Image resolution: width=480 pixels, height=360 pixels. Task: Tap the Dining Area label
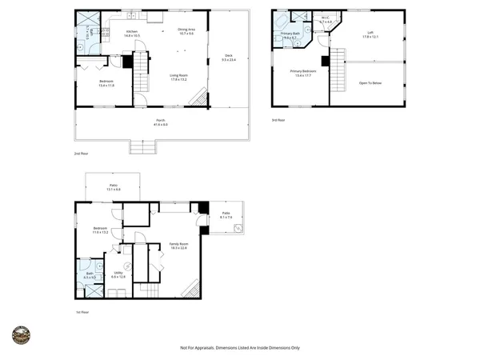[x=186, y=30]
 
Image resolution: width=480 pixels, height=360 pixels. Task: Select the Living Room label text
[x=178, y=78]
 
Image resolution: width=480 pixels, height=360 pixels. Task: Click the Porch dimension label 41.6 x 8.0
[x=160, y=123]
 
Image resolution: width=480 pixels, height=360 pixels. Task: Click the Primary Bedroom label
[x=302, y=72]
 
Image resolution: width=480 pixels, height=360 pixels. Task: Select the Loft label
[x=370, y=34]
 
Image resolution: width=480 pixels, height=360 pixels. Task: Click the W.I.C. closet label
[x=326, y=19]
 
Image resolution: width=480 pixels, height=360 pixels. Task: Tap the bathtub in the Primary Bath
[x=280, y=22]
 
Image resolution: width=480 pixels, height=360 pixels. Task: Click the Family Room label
[x=178, y=246]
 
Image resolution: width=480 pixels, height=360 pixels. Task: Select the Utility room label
[x=118, y=274]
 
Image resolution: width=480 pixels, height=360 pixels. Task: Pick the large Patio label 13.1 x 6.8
[x=114, y=187]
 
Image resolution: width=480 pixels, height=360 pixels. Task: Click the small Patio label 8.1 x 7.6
[x=226, y=215]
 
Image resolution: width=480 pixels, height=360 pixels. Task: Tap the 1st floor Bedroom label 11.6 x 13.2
[x=100, y=230]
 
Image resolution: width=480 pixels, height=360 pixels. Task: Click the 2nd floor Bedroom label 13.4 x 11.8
[x=106, y=83]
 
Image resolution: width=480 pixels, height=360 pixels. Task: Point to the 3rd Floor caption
[x=278, y=120]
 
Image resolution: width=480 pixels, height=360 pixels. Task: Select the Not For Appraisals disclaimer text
[x=240, y=348]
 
